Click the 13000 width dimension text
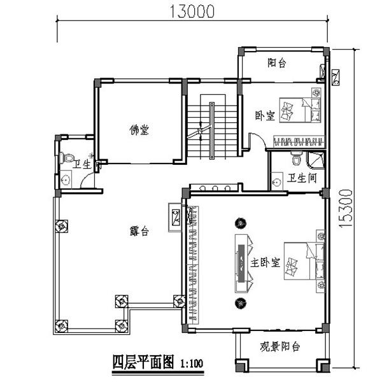pyautogui.click(x=192, y=11)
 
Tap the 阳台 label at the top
pyautogui.click(x=276, y=62)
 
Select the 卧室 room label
pyautogui.click(x=264, y=115)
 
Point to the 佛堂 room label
pyautogui.click(x=139, y=130)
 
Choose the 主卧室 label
pyautogui.click(x=265, y=262)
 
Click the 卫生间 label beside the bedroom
pyautogui.click(x=302, y=179)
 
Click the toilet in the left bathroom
pyautogui.click(x=66, y=157)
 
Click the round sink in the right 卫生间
pyautogui.click(x=276, y=182)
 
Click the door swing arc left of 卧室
pyautogui.click(x=254, y=140)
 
